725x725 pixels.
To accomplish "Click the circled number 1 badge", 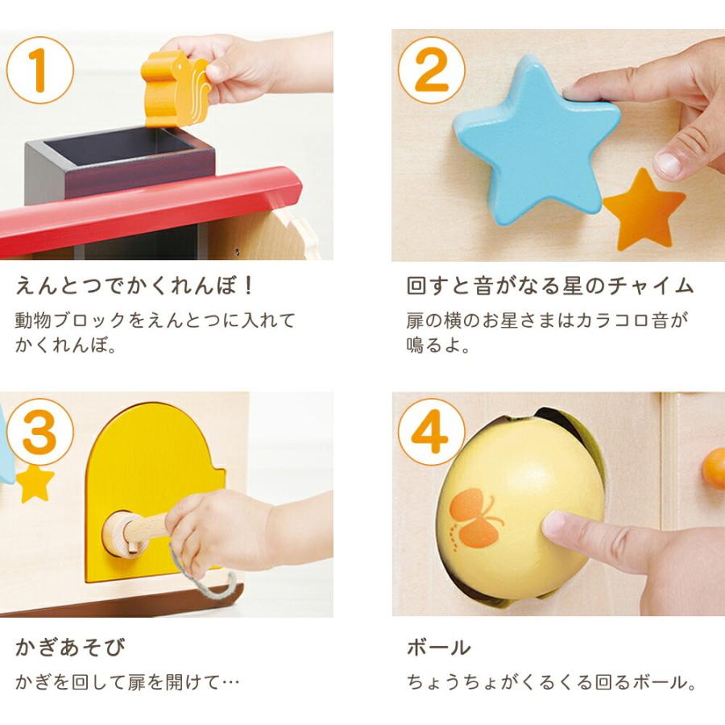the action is (x=39, y=70).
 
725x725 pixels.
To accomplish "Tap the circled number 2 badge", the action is (x=432, y=70).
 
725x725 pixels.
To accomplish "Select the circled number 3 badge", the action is (x=39, y=432).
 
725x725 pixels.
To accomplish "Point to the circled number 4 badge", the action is (x=432, y=432).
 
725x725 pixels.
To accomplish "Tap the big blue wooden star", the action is (x=536, y=139).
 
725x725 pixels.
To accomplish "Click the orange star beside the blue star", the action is (x=644, y=209).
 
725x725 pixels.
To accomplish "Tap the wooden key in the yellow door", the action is (x=135, y=532).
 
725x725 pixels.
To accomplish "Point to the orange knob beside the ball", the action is (x=714, y=468).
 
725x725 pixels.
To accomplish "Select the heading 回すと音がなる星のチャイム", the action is (x=549, y=285).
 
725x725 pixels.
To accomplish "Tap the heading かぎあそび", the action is (x=70, y=647).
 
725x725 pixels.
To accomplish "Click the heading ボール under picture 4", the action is (x=439, y=647).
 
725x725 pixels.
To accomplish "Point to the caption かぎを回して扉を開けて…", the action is (x=127, y=682).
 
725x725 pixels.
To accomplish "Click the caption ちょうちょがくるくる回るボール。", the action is (x=552, y=682).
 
